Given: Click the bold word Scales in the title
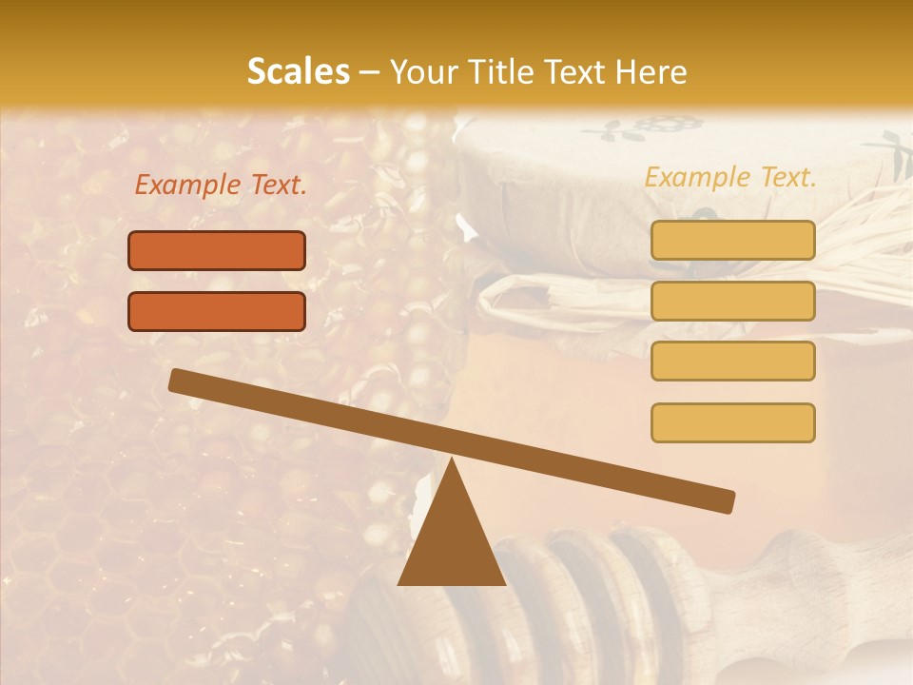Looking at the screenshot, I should click(x=298, y=71).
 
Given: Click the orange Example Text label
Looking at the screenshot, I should click(x=221, y=186).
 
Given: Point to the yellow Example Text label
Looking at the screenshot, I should click(x=730, y=177).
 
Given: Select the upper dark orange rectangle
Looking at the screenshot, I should click(x=217, y=250).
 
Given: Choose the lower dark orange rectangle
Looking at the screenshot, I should click(x=217, y=311).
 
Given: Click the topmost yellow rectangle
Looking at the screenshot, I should click(x=732, y=240).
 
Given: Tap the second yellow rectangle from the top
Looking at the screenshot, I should click(x=732, y=301).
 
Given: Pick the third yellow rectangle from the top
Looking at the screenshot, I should click(x=732, y=361).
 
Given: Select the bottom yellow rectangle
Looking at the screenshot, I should click(x=732, y=422).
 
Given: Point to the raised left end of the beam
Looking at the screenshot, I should click(x=177, y=380).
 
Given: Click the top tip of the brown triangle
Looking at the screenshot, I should click(x=452, y=460).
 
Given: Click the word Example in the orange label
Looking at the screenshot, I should click(x=187, y=186).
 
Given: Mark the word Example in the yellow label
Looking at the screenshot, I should click(x=697, y=177).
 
